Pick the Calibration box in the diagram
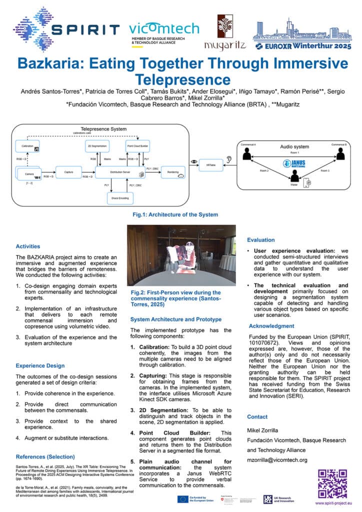coord(28,145)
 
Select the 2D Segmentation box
coord(97,145)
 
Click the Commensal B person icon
coord(340,155)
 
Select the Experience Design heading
coord(40,365)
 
